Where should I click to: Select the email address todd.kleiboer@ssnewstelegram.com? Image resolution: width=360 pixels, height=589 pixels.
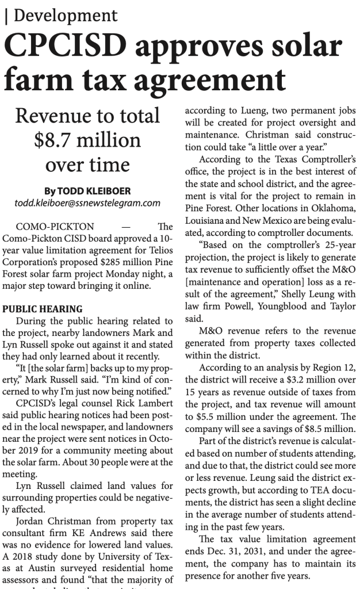tap(87, 202)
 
